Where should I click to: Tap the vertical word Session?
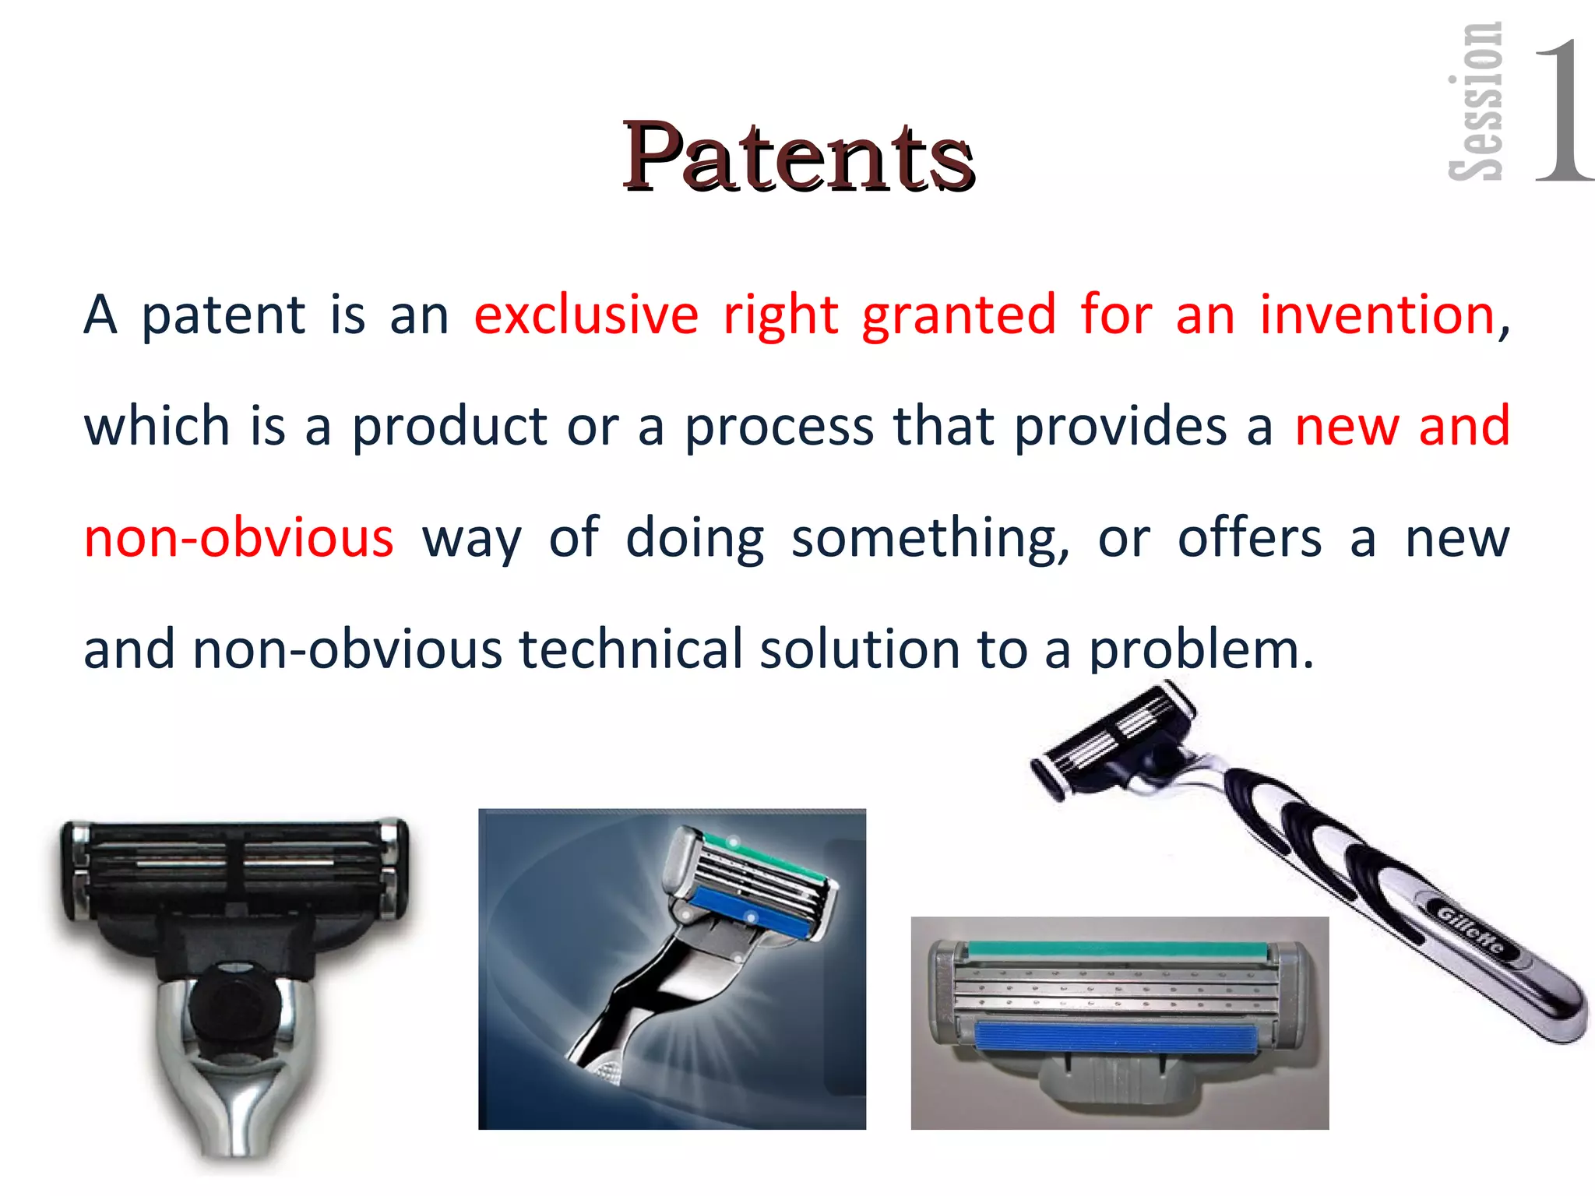click(1476, 101)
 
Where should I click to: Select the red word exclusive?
click(586, 315)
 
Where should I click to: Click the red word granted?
click(959, 315)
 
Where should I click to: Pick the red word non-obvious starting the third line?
click(238, 538)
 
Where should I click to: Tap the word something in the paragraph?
click(930, 538)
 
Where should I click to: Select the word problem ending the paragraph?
click(1199, 649)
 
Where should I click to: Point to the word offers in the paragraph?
click(1249, 538)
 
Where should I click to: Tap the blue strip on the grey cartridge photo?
click(1115, 1037)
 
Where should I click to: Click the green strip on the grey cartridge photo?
click(1118, 949)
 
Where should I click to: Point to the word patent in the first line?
click(224, 315)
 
